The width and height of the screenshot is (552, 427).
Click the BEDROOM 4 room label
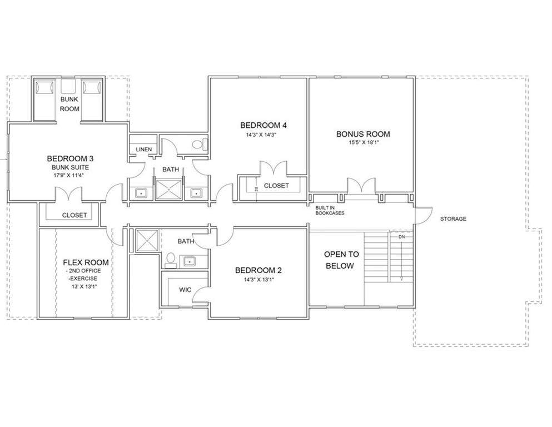(263, 125)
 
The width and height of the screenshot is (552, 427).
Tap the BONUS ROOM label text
(363, 134)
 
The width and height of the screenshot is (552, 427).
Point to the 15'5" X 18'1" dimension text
(364, 142)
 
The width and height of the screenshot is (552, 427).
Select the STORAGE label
(453, 219)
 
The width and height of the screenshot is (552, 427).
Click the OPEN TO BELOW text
(341, 260)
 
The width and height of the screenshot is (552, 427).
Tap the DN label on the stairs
(402, 237)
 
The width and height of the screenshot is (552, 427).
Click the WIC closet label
(185, 290)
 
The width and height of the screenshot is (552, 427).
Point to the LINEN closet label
(143, 149)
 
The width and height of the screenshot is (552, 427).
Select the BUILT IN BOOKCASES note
(330, 211)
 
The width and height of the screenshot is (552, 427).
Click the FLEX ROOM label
(86, 262)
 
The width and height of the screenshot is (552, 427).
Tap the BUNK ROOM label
(69, 104)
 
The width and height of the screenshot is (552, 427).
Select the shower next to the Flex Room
(147, 241)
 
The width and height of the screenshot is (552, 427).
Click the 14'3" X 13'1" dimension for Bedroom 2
(258, 280)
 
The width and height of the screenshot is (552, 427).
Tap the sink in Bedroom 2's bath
(190, 261)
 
